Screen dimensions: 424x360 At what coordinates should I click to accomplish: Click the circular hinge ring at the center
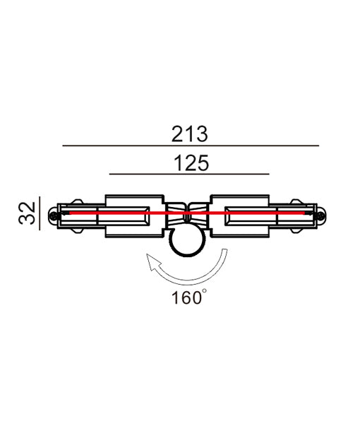(x=188, y=242)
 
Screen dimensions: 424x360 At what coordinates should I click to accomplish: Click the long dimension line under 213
(x=191, y=146)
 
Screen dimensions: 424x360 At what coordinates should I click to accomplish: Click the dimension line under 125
(x=189, y=174)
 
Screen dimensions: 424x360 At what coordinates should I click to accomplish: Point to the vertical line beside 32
(x=41, y=213)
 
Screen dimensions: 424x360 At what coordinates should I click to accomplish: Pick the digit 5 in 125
(x=202, y=163)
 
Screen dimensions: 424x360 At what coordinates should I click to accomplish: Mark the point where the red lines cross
(x=187, y=211)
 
